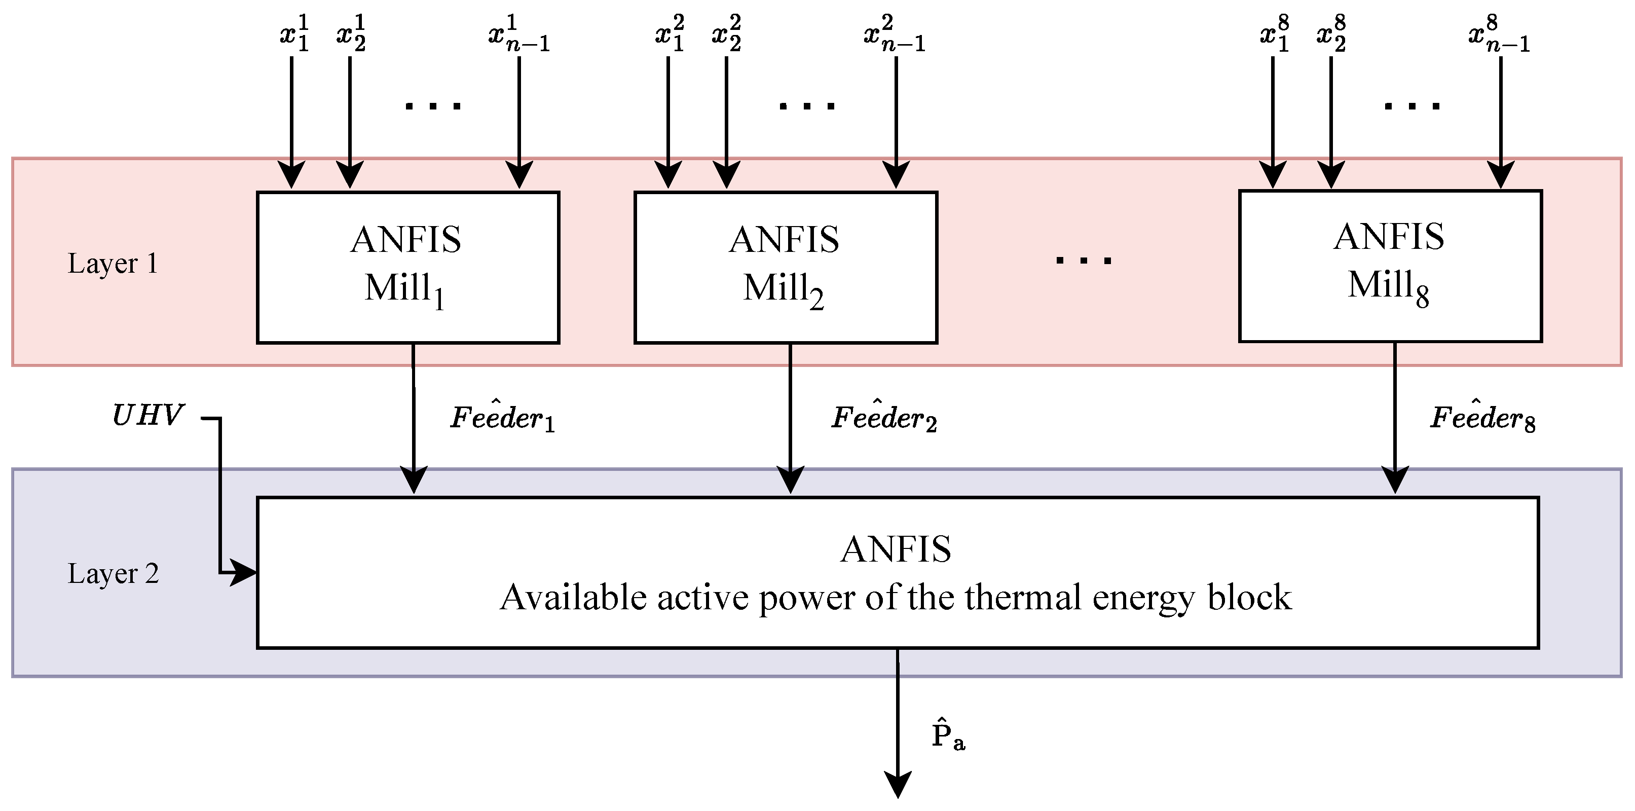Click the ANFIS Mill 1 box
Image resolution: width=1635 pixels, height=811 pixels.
(x=407, y=267)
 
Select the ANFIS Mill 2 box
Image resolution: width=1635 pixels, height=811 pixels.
(x=785, y=267)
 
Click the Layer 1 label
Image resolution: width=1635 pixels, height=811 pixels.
(x=113, y=264)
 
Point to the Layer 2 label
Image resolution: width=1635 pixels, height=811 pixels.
(x=113, y=574)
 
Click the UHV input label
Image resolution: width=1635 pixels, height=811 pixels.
(x=147, y=416)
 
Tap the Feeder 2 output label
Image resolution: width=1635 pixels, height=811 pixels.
(x=883, y=418)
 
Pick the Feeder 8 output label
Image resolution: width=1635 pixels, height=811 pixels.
(x=1482, y=418)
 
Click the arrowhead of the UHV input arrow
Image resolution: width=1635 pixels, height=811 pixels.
(x=244, y=573)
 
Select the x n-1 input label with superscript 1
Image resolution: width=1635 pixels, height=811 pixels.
(x=518, y=34)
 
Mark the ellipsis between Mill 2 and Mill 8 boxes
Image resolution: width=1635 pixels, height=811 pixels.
(x=1084, y=260)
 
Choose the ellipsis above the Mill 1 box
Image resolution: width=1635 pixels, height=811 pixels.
(x=433, y=105)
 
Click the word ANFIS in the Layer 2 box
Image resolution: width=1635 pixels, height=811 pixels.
(x=896, y=549)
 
